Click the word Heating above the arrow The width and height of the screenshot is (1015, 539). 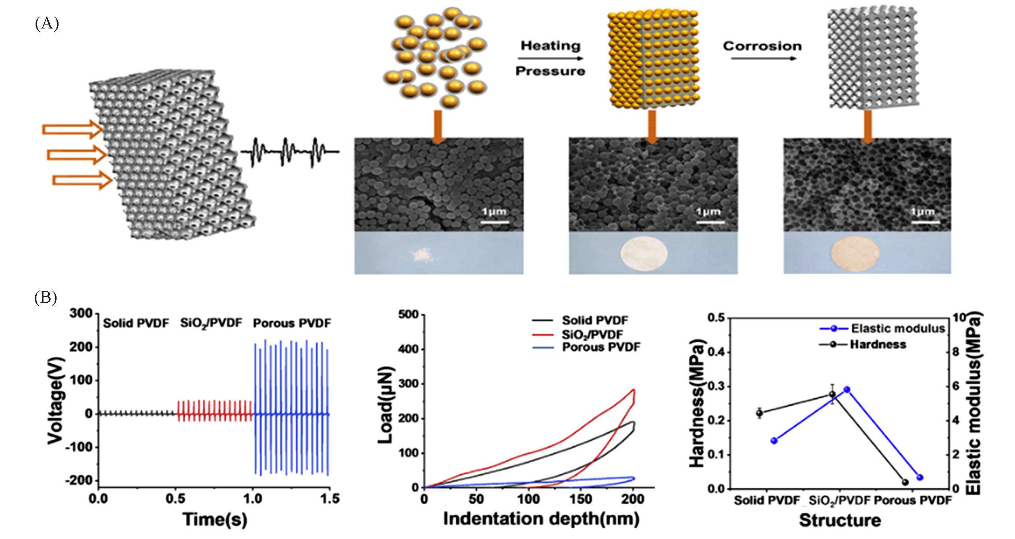tap(550, 46)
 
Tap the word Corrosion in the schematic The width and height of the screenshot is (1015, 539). tap(762, 46)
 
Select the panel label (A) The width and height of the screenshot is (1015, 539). tap(47, 24)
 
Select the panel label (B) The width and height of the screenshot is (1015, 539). tap(46, 298)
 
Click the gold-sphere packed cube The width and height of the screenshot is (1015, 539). tap(652, 59)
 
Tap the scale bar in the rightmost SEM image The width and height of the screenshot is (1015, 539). tap(925, 222)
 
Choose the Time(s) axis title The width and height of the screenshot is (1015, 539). tap(215, 519)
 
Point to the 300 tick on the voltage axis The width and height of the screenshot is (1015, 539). tap(81, 313)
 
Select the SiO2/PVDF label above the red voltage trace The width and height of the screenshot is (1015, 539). tap(211, 324)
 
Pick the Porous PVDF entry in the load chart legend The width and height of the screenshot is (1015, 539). tap(601, 347)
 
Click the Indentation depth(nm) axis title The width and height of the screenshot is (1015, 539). tap(541, 519)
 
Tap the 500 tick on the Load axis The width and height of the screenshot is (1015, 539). tap(408, 315)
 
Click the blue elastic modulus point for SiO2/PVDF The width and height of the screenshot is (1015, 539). tap(847, 390)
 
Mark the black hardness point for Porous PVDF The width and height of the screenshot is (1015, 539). tap(905, 482)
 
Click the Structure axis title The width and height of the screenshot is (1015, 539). tap(840, 520)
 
